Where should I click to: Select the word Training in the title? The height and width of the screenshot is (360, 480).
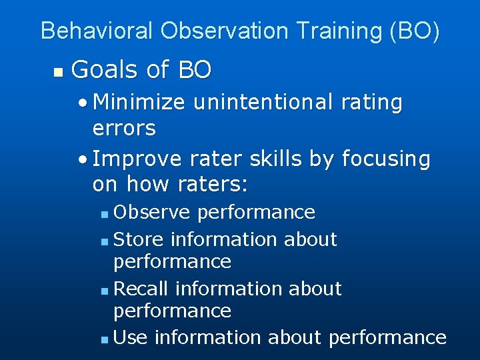tap(338, 31)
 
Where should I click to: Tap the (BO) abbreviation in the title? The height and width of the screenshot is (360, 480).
tap(415, 31)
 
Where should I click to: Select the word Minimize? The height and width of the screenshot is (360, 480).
tap(141, 103)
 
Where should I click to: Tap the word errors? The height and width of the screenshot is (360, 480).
tap(124, 128)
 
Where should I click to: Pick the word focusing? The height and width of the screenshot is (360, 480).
tap(386, 159)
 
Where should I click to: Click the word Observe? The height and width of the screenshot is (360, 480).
tap(153, 212)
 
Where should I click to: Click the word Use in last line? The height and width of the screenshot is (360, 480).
tap(131, 337)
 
